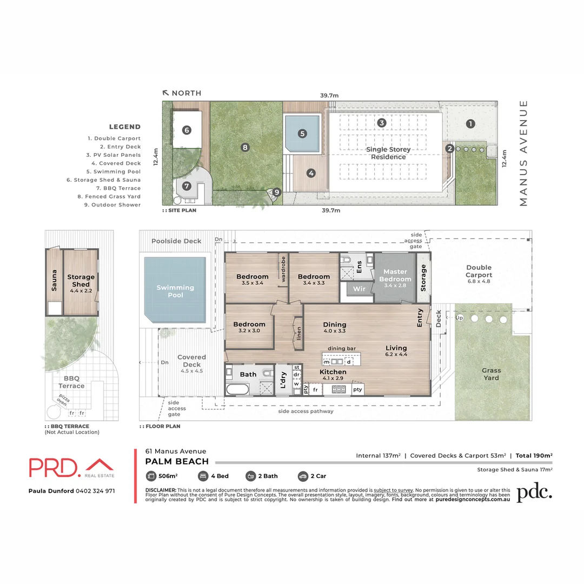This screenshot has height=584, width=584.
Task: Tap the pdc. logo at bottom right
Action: pyautogui.click(x=534, y=492)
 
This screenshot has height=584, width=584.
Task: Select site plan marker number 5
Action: pyautogui.click(x=302, y=133)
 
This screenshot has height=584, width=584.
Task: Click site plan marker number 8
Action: pyautogui.click(x=245, y=147)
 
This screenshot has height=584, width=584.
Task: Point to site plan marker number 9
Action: pyautogui.click(x=277, y=192)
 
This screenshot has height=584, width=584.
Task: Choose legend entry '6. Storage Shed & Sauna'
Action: pyautogui.click(x=107, y=180)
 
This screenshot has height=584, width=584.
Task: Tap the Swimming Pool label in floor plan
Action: pyautogui.click(x=175, y=291)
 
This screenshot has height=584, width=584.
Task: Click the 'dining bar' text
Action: pyautogui.click(x=341, y=349)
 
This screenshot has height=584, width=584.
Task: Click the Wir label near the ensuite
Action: pyautogui.click(x=359, y=289)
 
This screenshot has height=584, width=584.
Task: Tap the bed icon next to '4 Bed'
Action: pyautogui.click(x=203, y=476)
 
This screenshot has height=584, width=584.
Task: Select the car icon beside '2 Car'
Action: pyautogui.click(x=303, y=476)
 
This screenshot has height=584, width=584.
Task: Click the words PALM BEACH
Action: pyautogui.click(x=177, y=461)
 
